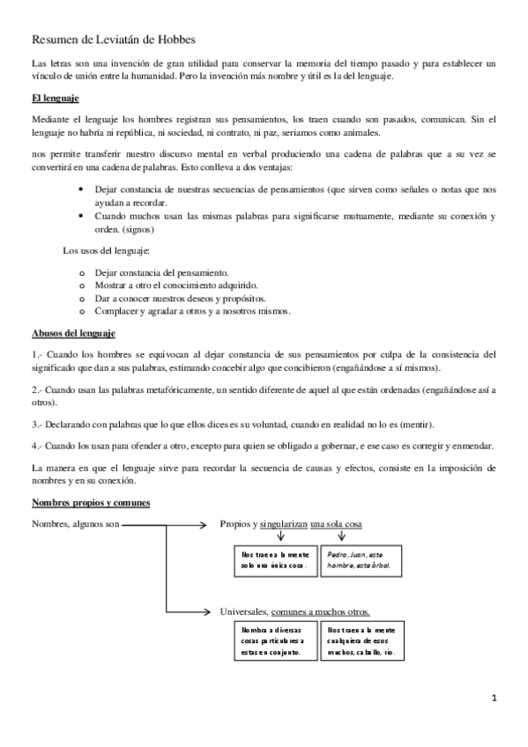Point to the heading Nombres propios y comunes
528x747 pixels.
pos(90,503)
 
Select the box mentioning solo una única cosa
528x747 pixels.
pos(273,560)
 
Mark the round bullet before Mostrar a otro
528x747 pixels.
pos(82,286)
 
